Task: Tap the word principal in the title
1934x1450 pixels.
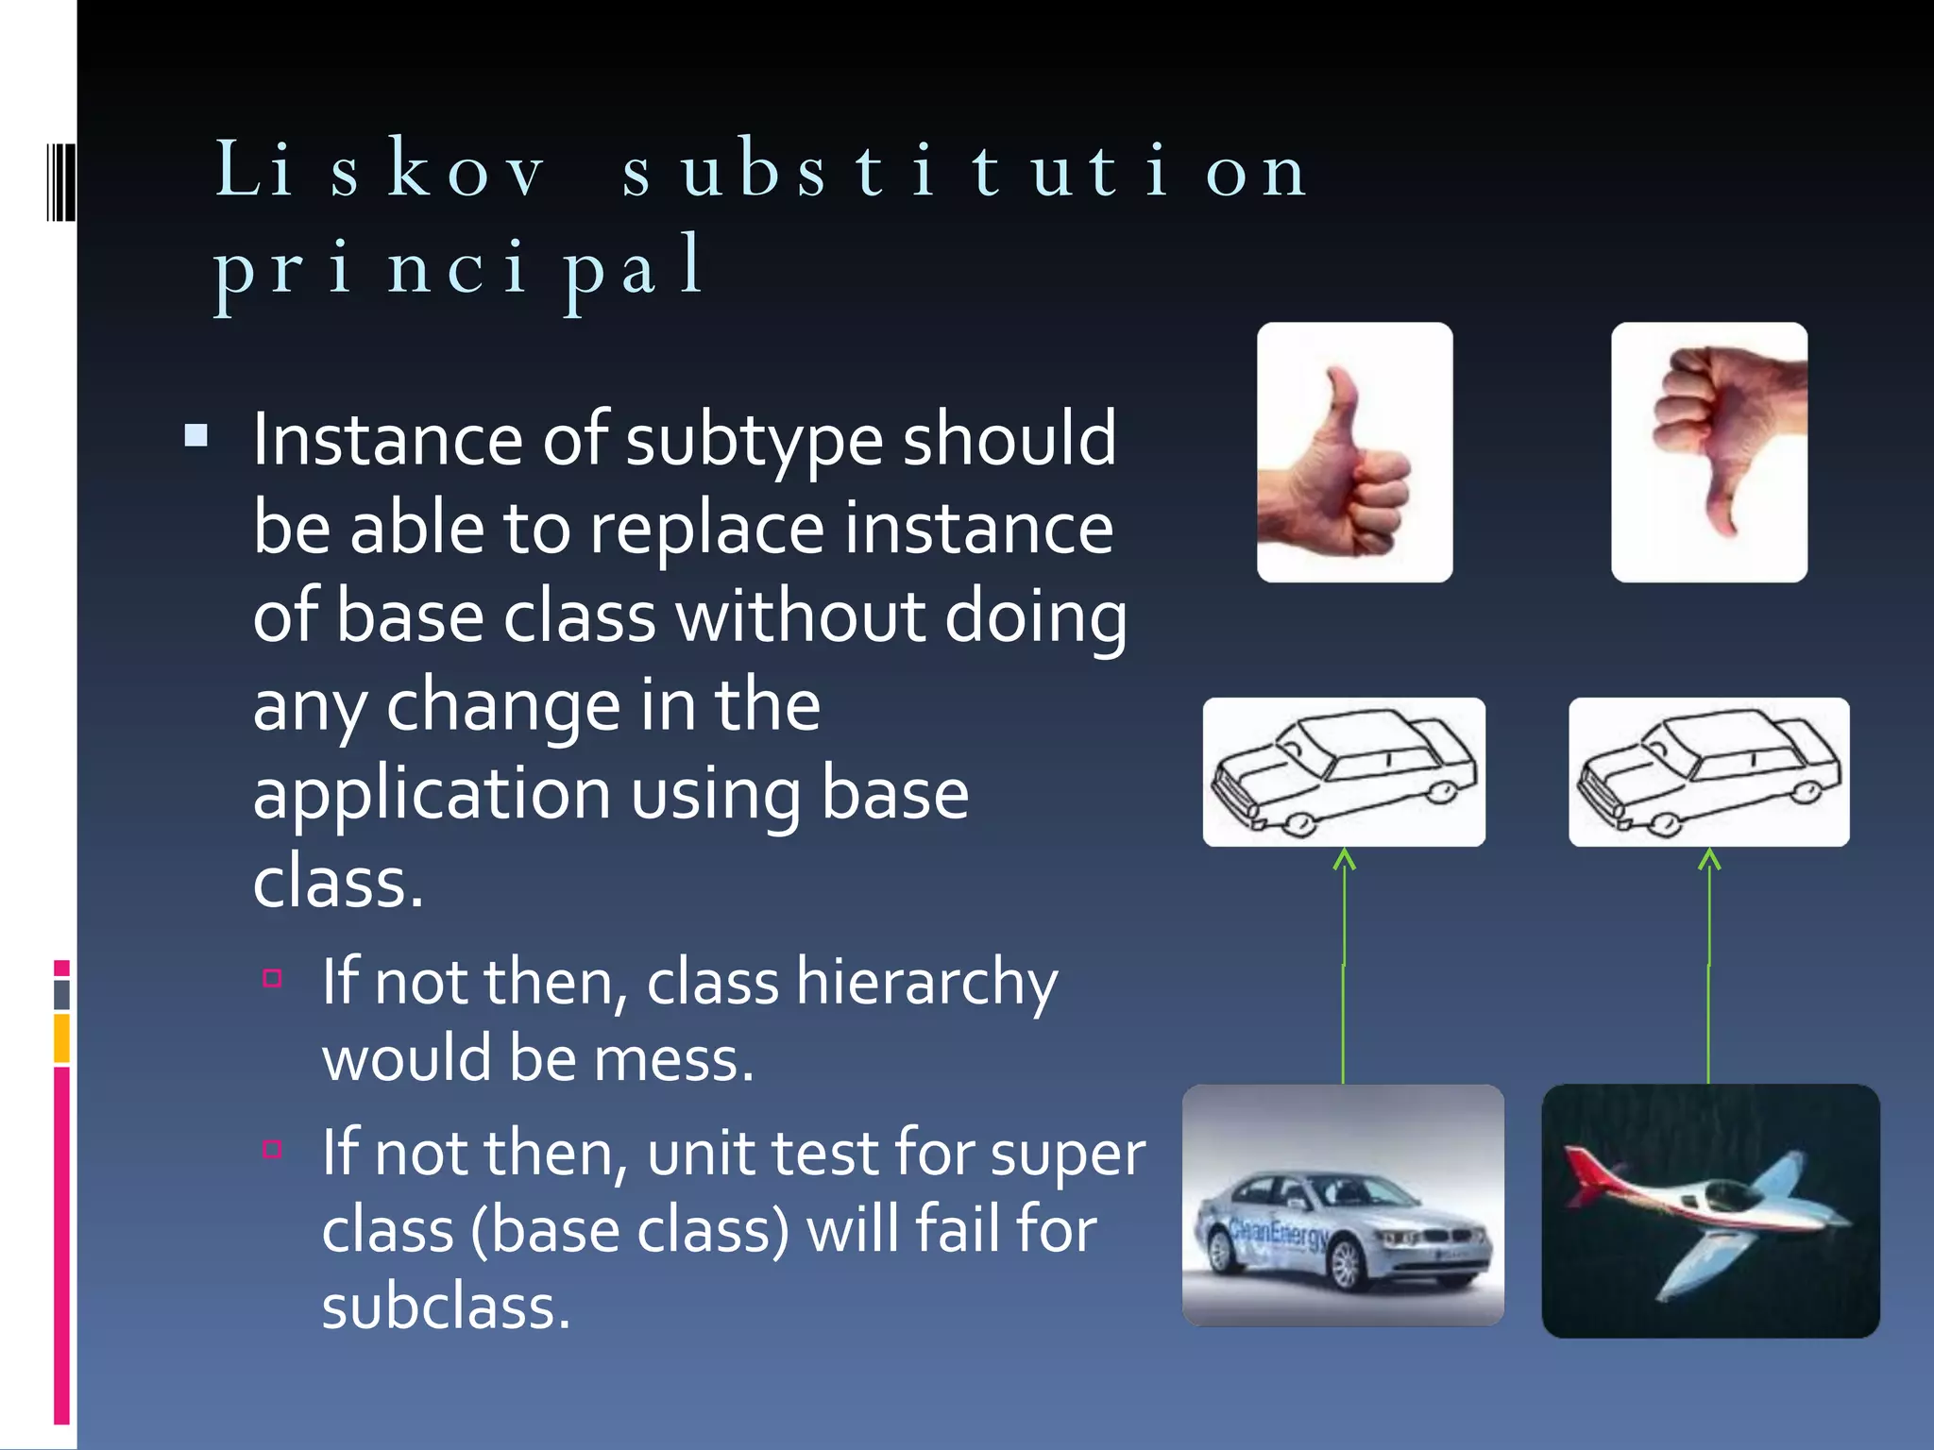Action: pos(459,268)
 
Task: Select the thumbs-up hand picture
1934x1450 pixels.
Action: pos(1354,452)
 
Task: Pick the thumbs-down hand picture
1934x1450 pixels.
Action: pos(1708,452)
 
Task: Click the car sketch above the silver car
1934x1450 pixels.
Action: pos(1343,771)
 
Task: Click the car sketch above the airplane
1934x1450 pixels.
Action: pos(1708,771)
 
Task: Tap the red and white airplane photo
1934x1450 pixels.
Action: pos(1709,1210)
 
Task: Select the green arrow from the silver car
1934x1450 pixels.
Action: pos(1344,963)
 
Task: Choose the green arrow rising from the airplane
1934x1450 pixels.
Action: pos(1708,963)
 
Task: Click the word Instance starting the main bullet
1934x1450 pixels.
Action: pos(387,440)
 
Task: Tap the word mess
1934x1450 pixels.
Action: pos(673,1059)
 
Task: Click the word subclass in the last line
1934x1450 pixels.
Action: pos(446,1307)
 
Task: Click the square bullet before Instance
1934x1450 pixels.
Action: pos(196,435)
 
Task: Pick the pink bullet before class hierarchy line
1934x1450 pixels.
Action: pos(273,978)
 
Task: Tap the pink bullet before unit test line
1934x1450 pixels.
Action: pos(273,1149)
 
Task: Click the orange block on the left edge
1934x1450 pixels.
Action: pos(61,1037)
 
